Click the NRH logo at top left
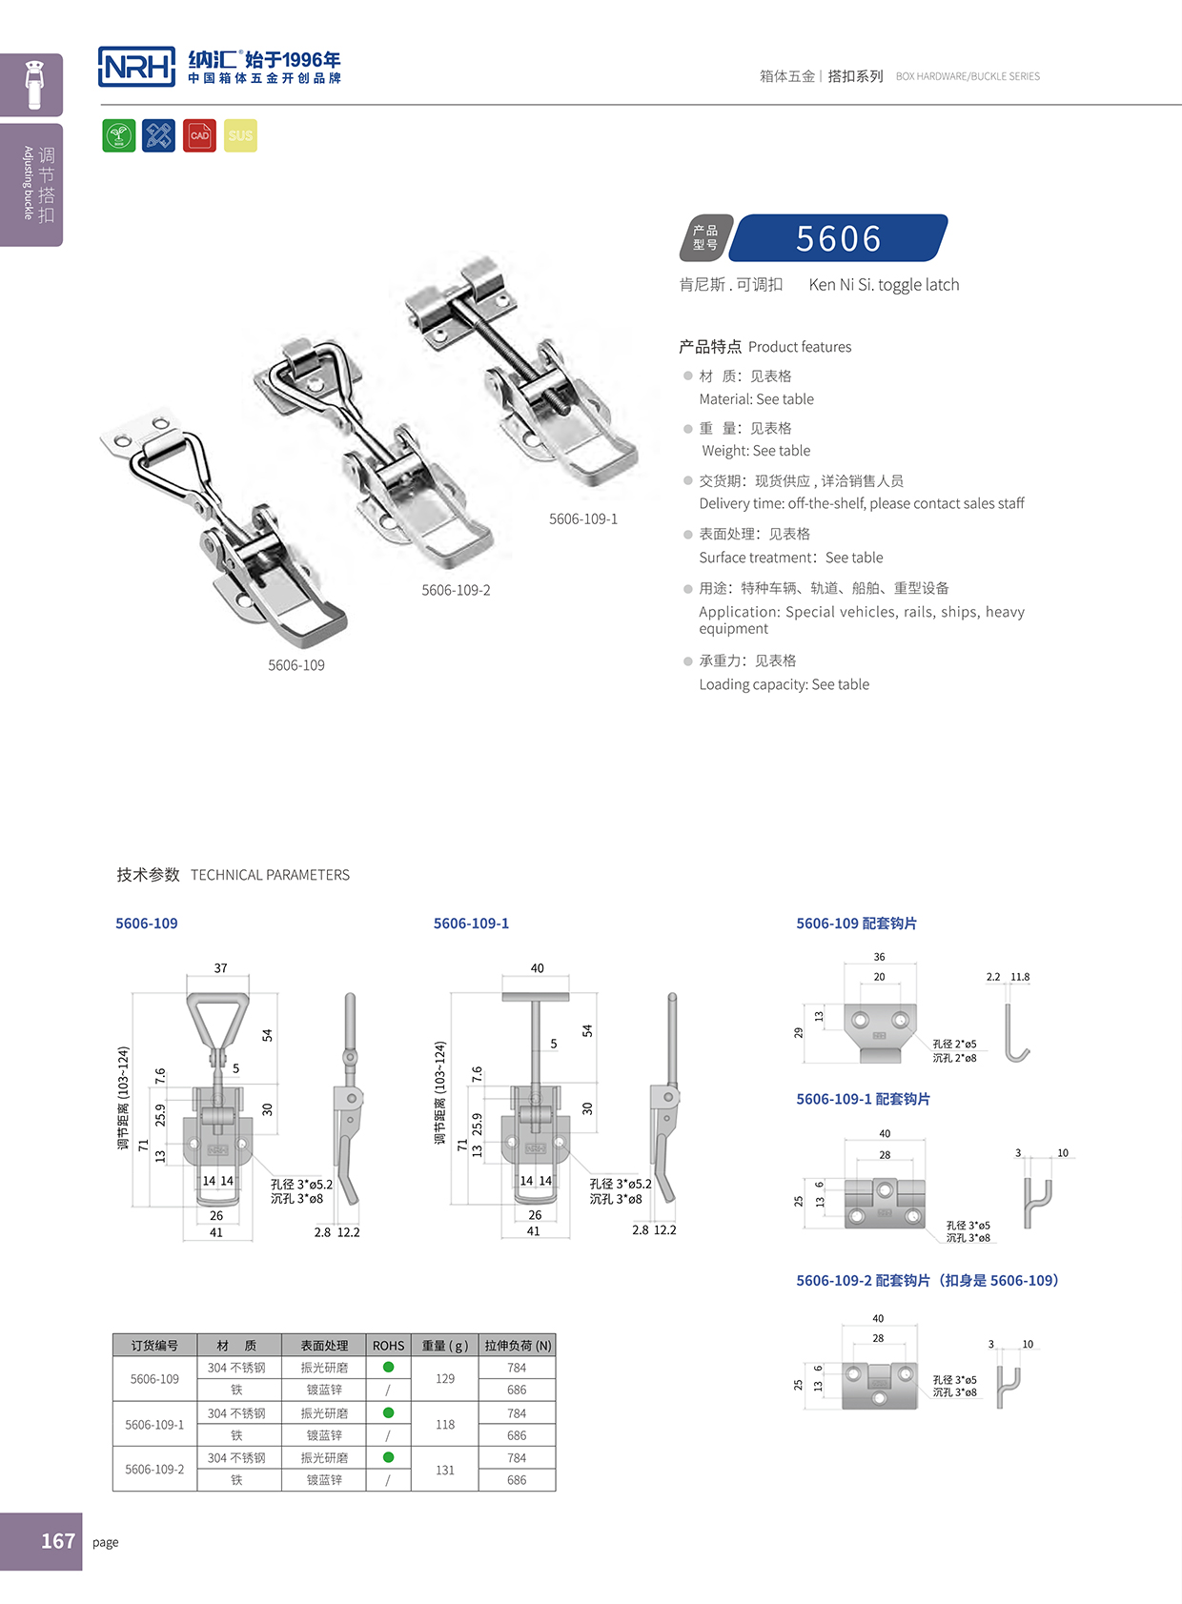tap(137, 67)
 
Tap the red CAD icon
tap(199, 135)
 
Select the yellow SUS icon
tap(240, 135)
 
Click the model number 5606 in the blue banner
tap(839, 238)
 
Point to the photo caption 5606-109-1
tap(583, 519)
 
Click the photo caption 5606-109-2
tap(456, 591)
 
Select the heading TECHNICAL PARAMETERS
tap(270, 875)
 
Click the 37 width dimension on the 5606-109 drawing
tap(220, 968)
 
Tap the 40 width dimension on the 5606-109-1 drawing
tap(537, 968)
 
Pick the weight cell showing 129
tap(444, 1379)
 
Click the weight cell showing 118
tap(444, 1425)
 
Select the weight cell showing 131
tap(444, 1470)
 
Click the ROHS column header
tap(388, 1346)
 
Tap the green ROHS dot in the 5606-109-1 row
tap(388, 1412)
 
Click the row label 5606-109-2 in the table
tap(154, 1470)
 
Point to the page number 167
tap(57, 1541)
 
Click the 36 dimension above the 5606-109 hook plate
tap(879, 957)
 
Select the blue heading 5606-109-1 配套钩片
tap(863, 1099)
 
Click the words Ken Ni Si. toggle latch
tap(884, 285)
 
